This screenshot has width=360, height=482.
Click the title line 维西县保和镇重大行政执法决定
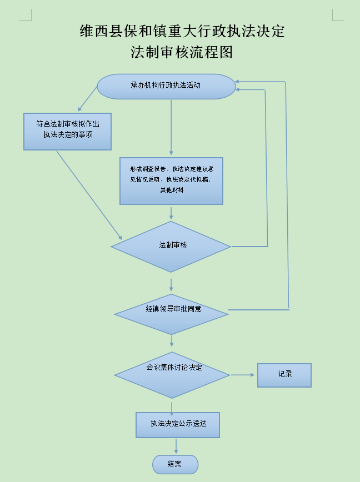tap(182, 31)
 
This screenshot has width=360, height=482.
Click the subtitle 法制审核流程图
tap(181, 52)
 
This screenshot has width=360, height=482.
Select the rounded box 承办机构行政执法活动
tap(166, 86)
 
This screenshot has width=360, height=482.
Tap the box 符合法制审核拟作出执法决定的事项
tap(67, 131)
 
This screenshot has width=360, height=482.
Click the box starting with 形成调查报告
tap(171, 180)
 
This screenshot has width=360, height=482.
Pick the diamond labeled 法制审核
tap(171, 246)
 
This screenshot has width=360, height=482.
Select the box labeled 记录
tap(284, 375)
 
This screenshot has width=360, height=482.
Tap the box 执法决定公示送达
tap(178, 424)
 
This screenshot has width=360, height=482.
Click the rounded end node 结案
tap(175, 464)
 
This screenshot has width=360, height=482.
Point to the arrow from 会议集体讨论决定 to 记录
tap(243, 375)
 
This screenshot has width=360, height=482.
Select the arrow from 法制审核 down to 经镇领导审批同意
tap(171, 284)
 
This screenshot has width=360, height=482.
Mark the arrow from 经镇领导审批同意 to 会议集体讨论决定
tap(172, 341)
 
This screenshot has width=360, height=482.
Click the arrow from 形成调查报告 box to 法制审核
tap(171, 213)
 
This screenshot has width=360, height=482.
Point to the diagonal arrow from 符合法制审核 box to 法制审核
tap(89, 194)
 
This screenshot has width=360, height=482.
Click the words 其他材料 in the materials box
tap(172, 190)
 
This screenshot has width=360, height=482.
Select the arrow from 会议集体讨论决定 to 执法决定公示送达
tap(172, 406)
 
